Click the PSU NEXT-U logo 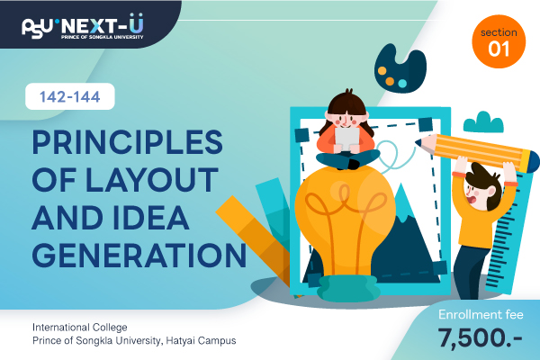(83, 27)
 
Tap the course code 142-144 (70, 97)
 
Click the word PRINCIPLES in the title (128, 142)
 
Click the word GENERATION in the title (139, 256)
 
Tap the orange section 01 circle (499, 41)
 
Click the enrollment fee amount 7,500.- (480, 337)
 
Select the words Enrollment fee (481, 314)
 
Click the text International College (80, 327)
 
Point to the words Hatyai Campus (201, 340)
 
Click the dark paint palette (400, 68)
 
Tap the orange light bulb (345, 220)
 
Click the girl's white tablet (347, 139)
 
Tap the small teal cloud (483, 122)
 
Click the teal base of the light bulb (348, 289)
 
